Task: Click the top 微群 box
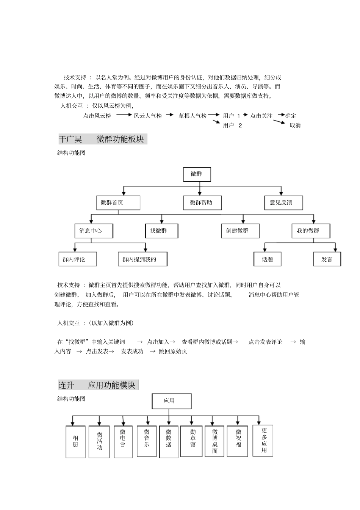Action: [197, 174]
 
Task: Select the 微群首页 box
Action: [118, 203]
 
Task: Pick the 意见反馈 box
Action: [283, 203]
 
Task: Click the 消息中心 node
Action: [94, 231]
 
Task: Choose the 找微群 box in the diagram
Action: [161, 231]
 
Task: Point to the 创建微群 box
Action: [240, 231]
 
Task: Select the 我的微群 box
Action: [311, 231]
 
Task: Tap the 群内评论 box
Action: [77, 259]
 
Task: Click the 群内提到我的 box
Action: [142, 259]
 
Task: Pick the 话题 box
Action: [268, 259]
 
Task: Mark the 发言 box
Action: [327, 259]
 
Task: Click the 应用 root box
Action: [172, 401]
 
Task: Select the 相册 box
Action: [75, 442]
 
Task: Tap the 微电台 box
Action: [123, 442]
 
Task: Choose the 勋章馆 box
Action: [193, 441]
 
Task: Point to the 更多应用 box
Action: [263, 440]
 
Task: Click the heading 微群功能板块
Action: [120, 139]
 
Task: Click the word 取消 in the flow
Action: [295, 126]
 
